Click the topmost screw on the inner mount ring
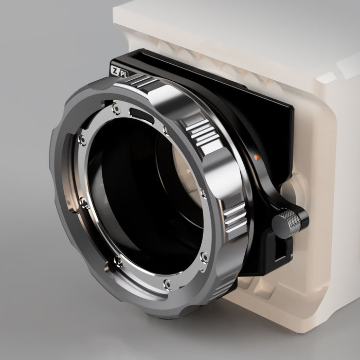click(117, 109)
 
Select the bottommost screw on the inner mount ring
click(167, 283)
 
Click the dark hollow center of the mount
click(139, 195)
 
